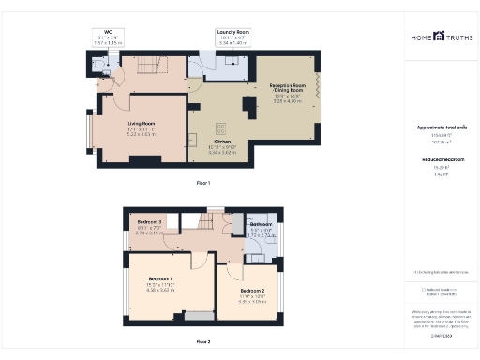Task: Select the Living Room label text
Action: coord(142,122)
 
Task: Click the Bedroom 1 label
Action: coord(157,280)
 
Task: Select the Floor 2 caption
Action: coord(203,342)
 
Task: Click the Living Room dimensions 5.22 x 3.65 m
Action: coord(142,135)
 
